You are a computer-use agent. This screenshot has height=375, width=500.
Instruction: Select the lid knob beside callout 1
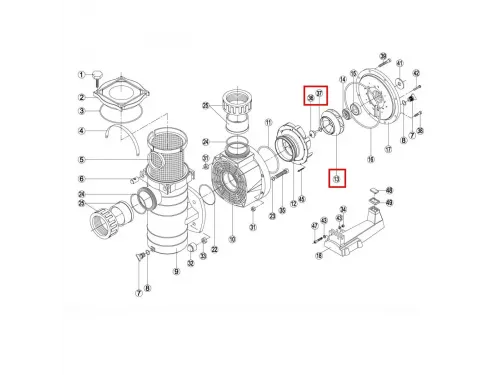coord(98,73)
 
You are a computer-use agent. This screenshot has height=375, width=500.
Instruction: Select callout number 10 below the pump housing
coord(232,240)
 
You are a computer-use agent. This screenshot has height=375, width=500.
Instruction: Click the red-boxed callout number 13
coord(337,178)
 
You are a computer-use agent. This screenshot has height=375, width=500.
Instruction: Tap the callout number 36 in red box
coord(310,96)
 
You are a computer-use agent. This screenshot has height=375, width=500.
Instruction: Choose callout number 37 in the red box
coord(320,96)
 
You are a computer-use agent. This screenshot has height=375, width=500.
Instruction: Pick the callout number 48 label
coord(389,189)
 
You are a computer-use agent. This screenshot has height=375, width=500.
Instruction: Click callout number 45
coord(302,197)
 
